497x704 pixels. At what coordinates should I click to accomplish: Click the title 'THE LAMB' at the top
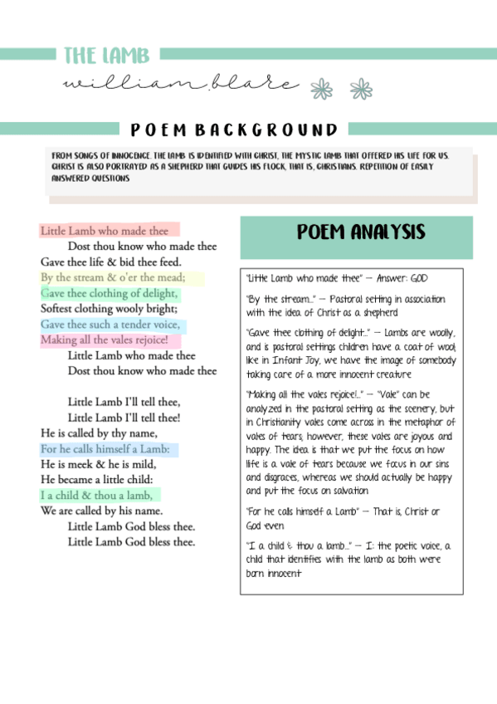coord(106,56)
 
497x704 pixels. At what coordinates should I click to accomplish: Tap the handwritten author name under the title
coord(179,84)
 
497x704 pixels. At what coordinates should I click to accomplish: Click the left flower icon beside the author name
coord(321,89)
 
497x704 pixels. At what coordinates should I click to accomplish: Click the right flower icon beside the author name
coord(361,89)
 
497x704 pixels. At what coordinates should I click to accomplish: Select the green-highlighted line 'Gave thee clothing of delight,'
coord(110,293)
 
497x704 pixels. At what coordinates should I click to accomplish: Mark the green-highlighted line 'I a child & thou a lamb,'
coord(96,496)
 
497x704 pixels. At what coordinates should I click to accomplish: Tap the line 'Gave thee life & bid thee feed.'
coord(111,262)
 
